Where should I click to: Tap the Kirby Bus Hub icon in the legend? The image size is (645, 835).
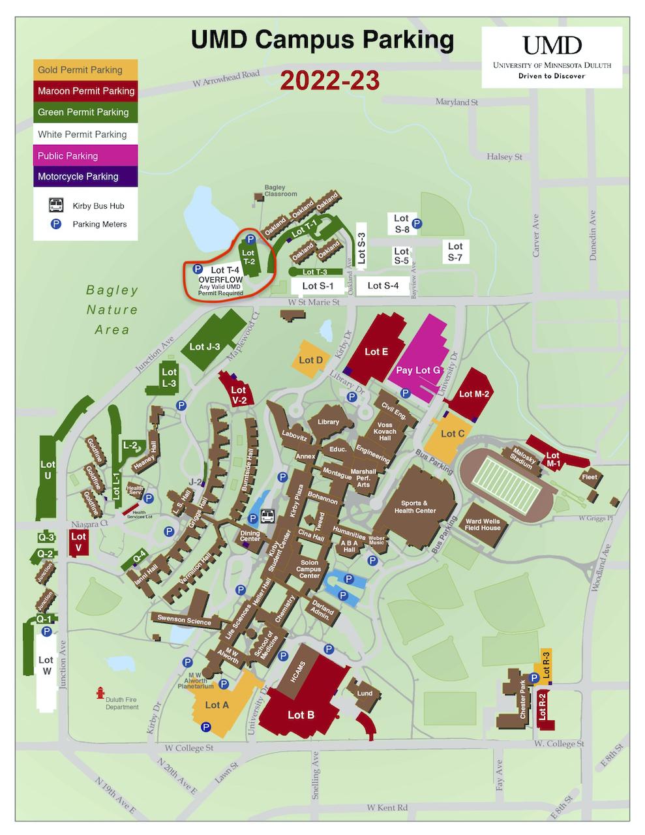57,205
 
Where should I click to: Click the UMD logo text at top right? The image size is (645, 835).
551,46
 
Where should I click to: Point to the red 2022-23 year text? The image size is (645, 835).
330,81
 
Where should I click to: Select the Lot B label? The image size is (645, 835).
301,715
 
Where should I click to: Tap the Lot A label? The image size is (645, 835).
217,705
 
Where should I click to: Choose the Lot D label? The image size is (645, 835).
310,360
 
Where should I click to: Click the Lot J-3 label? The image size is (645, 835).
205,346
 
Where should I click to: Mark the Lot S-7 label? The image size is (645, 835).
455,251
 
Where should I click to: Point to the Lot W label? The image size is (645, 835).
46,665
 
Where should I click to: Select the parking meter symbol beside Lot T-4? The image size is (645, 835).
198,269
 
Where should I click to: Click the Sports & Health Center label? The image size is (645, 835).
414,506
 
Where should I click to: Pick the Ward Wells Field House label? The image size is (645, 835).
483,524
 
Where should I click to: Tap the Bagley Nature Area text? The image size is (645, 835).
112,310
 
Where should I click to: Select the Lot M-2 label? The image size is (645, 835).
474,393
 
